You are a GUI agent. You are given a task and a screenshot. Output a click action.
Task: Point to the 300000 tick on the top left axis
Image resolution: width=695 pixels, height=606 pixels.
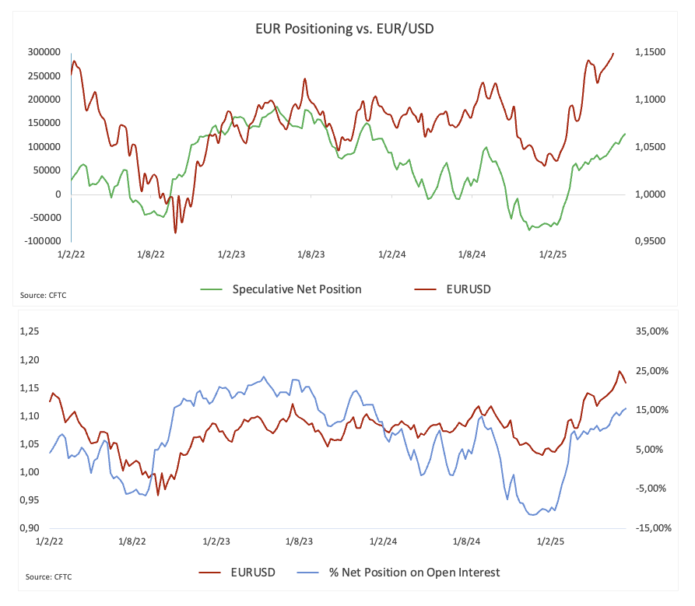click(43, 52)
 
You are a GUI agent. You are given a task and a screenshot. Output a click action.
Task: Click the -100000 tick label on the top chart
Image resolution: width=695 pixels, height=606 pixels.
click(40, 241)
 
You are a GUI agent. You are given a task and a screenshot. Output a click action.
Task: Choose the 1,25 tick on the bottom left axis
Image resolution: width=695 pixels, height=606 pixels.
click(28, 331)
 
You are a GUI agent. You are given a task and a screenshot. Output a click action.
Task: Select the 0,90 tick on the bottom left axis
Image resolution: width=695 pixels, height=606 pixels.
click(28, 528)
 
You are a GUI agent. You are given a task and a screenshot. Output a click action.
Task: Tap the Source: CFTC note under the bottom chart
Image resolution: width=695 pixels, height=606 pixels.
click(48, 577)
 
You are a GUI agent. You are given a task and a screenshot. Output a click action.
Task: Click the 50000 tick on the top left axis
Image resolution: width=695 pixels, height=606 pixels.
click(47, 170)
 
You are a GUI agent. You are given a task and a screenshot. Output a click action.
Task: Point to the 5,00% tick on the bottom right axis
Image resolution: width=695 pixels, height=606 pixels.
click(651, 450)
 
